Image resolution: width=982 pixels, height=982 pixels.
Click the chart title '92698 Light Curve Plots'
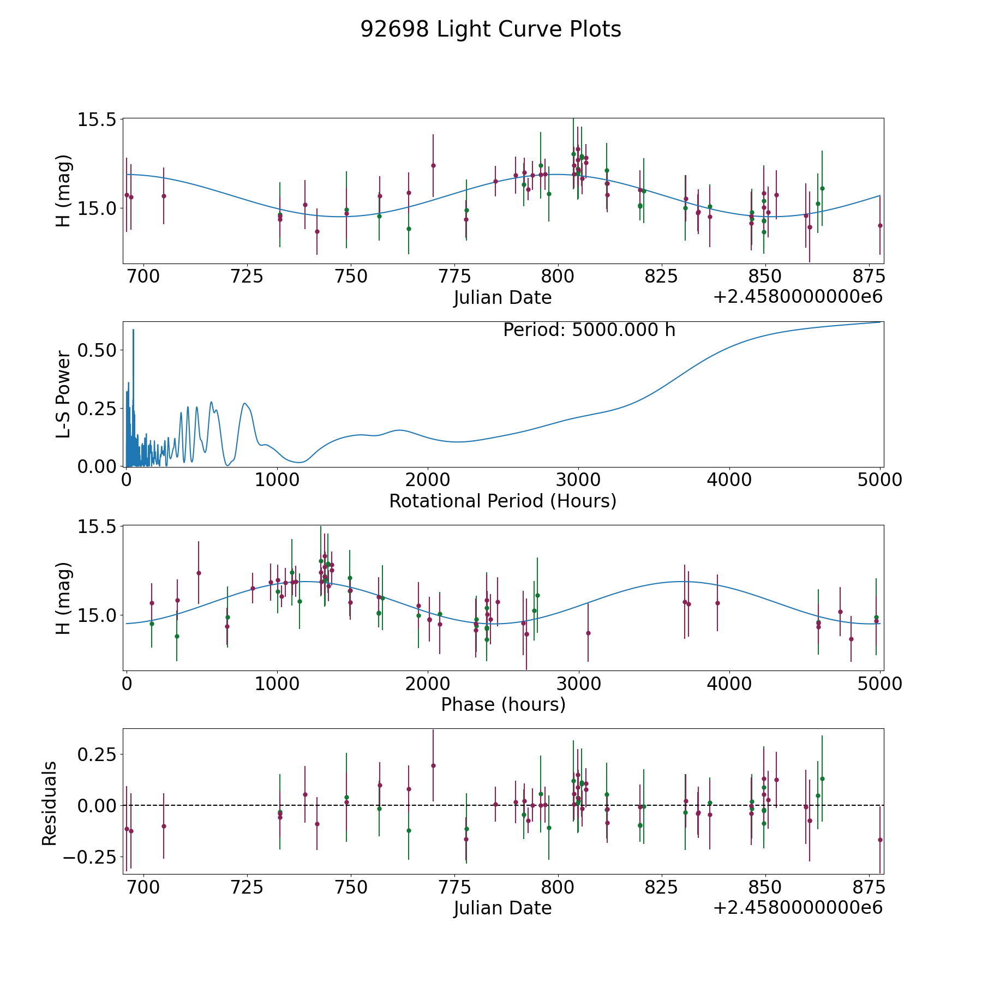point(490,29)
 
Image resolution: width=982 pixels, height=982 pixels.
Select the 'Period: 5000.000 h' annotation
point(589,330)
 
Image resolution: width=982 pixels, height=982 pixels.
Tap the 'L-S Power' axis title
point(64,394)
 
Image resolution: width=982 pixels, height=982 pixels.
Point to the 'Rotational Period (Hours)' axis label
point(502,501)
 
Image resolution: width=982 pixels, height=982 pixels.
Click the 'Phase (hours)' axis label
point(502,704)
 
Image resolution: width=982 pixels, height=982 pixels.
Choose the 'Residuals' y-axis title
point(50,804)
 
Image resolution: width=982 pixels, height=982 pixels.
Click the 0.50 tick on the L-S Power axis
point(97,350)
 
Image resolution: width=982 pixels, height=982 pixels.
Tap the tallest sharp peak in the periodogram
point(133,330)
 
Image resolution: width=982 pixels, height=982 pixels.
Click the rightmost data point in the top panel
point(880,225)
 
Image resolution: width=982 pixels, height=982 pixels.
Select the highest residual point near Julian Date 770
point(433,765)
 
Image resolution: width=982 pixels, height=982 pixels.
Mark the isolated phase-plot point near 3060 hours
point(588,633)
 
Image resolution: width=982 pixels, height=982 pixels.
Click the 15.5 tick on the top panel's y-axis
point(97,119)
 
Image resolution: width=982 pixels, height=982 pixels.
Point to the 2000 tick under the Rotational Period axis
point(427,480)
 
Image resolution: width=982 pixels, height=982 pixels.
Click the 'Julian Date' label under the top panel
point(502,298)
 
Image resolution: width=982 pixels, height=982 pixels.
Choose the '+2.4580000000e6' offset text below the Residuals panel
point(798,907)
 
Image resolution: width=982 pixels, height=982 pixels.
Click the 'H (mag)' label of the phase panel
point(64,598)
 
